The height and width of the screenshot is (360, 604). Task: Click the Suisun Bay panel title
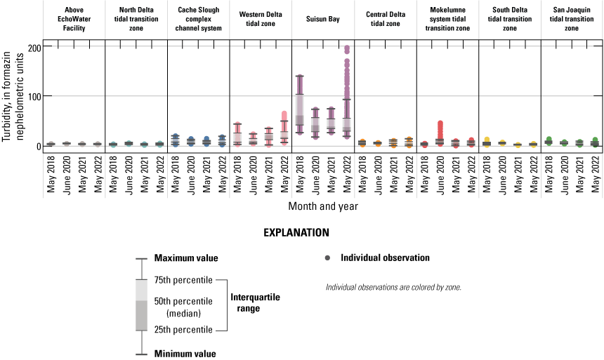coord(322,19)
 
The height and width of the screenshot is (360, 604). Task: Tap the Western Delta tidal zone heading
coord(260,19)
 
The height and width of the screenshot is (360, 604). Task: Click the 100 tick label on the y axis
coord(29,96)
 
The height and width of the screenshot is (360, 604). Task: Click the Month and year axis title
coord(322,207)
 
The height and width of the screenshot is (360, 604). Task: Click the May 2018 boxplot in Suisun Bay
coord(299,109)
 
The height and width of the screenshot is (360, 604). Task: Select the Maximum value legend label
coord(186,258)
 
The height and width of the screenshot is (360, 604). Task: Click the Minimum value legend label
coord(185,354)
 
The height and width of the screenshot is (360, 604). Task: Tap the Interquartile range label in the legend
coord(256,302)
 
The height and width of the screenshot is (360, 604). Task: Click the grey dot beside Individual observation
coord(327,258)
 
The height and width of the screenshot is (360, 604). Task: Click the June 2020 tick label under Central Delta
coord(378,173)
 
